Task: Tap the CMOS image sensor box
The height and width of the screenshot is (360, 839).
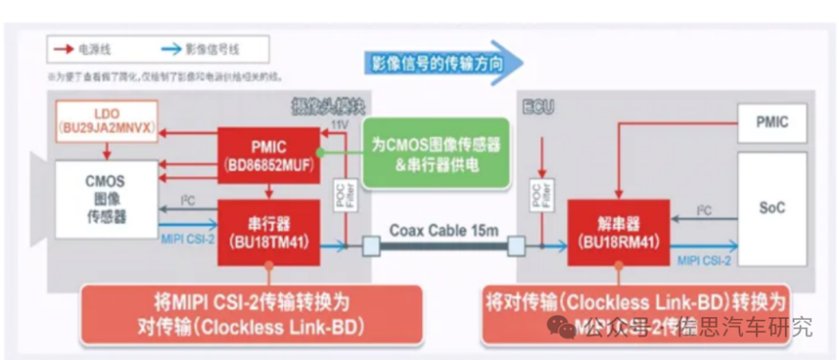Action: (x=107, y=198)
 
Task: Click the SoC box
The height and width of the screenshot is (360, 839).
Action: (x=773, y=207)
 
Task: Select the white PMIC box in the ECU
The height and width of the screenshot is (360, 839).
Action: (x=773, y=122)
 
